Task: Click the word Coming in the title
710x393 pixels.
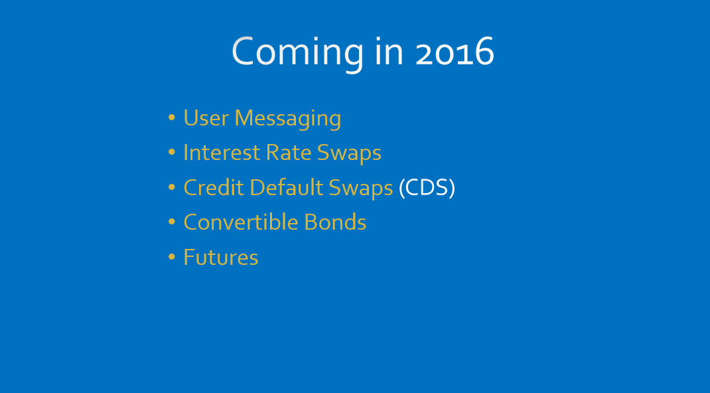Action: tap(297, 53)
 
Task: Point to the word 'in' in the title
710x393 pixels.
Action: tap(389, 50)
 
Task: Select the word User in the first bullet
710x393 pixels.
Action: tap(206, 118)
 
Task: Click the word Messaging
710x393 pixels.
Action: tap(287, 119)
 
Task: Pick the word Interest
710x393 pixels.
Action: tap(222, 153)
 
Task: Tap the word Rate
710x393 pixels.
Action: tap(288, 153)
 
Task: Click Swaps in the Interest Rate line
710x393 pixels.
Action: tap(349, 154)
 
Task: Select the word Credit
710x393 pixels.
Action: tap(214, 187)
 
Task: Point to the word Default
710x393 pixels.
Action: tap(286, 187)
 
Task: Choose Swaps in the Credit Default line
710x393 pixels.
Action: tap(360, 189)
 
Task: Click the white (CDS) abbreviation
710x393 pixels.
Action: tap(427, 188)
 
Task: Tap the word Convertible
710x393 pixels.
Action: tap(240, 222)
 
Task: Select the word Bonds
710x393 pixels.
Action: tap(335, 222)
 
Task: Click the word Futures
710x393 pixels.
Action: tap(221, 258)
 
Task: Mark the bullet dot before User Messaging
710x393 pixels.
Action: tap(171, 118)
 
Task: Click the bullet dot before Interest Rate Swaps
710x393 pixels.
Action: tap(171, 153)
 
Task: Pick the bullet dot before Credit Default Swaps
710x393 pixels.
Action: tap(171, 187)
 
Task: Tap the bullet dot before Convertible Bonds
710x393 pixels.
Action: tap(171, 222)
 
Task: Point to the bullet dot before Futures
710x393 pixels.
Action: tap(171, 257)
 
